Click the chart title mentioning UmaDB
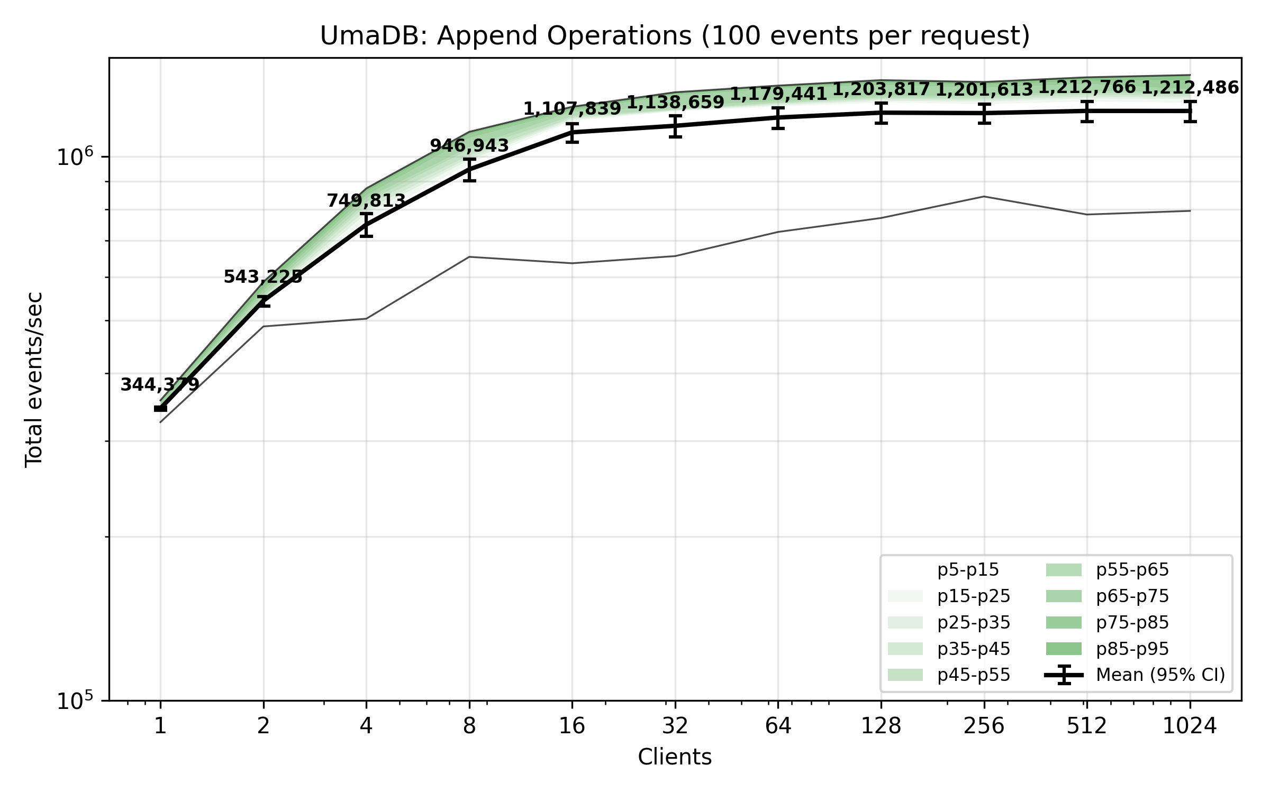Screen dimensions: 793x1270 point(675,36)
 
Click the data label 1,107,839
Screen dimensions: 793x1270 point(572,109)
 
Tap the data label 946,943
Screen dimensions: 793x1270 point(469,145)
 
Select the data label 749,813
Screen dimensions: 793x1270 point(366,201)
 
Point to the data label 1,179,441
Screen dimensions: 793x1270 point(778,94)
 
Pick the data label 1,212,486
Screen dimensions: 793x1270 point(1190,88)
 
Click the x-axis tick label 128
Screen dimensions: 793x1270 point(881,726)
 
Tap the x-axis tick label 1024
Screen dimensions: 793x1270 point(1190,726)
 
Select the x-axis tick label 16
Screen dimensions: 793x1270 point(572,726)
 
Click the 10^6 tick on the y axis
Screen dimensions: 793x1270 point(75,157)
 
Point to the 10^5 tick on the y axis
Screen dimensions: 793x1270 point(75,701)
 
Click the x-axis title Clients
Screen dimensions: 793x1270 point(675,758)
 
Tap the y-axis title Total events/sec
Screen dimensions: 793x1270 point(34,380)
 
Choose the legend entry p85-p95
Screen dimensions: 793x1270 point(1132,649)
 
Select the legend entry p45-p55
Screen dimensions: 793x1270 point(973,675)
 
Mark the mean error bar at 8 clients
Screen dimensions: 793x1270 point(469,170)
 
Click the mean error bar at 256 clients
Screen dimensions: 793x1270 point(984,113)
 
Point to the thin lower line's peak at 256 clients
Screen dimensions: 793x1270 point(984,197)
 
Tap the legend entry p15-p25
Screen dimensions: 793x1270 point(973,596)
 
